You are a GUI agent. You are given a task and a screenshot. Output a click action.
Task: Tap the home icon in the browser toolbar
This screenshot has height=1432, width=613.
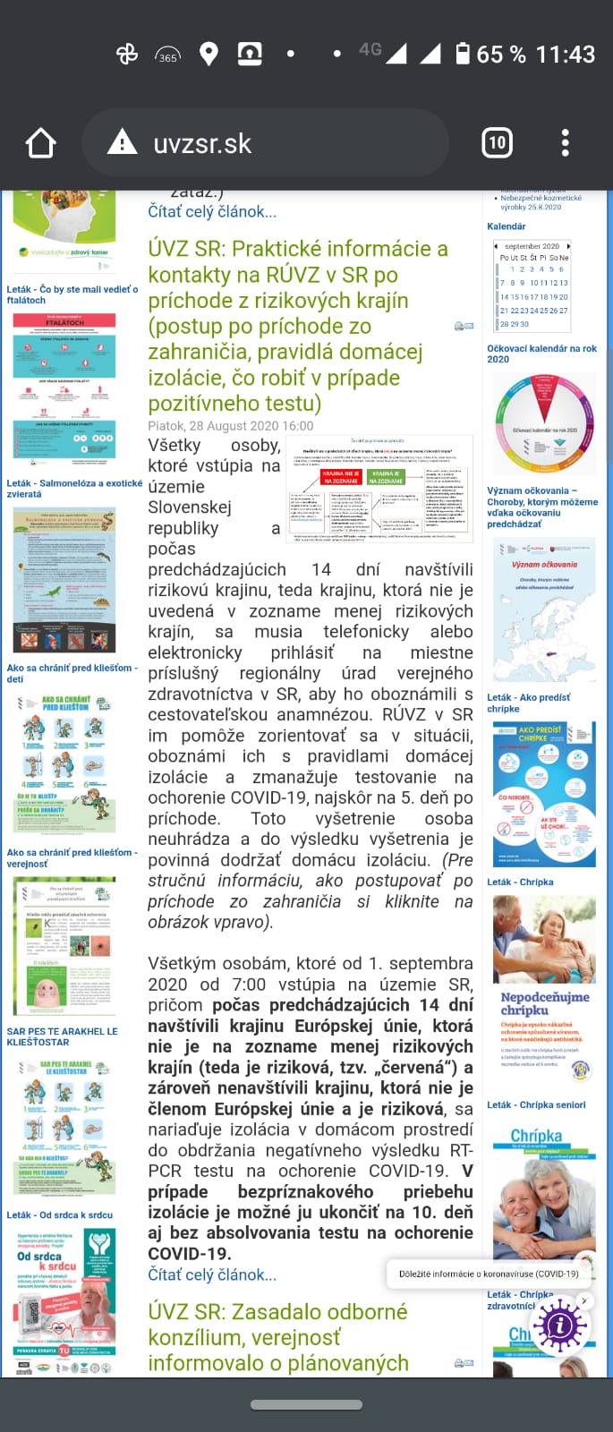41,143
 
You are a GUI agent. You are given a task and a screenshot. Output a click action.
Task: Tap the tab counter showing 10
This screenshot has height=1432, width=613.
497,143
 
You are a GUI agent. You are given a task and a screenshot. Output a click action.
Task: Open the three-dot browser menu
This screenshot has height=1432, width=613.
565,143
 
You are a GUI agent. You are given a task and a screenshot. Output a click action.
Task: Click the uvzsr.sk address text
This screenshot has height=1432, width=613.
202,143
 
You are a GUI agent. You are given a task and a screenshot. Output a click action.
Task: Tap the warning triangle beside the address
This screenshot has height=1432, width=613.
123,142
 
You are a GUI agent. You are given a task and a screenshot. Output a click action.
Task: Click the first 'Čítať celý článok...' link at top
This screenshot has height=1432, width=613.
212,211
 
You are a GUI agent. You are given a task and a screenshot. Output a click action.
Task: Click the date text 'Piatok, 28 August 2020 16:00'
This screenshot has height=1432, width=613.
231,426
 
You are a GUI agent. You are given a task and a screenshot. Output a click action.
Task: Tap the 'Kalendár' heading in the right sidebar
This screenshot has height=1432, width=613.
506,226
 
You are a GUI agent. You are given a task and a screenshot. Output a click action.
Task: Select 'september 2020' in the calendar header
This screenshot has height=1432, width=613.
532,246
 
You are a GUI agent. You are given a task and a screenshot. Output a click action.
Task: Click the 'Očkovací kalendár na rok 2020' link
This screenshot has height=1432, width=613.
541,354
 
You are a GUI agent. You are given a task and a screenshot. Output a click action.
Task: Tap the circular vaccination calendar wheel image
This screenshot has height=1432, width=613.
543,423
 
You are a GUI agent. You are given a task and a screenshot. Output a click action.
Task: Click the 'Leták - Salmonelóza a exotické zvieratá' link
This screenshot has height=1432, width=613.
73,488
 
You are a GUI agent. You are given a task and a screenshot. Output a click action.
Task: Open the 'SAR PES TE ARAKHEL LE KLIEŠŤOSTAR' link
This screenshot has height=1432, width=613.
62,1036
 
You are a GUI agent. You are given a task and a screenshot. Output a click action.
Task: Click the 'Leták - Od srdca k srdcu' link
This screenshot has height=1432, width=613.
59,1215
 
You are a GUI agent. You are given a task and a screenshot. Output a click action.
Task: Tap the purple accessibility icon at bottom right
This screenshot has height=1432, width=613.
560,1325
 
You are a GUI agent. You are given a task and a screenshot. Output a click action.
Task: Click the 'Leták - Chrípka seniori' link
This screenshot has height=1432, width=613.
536,1104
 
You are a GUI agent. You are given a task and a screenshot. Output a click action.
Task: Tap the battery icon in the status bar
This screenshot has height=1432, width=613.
463,54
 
